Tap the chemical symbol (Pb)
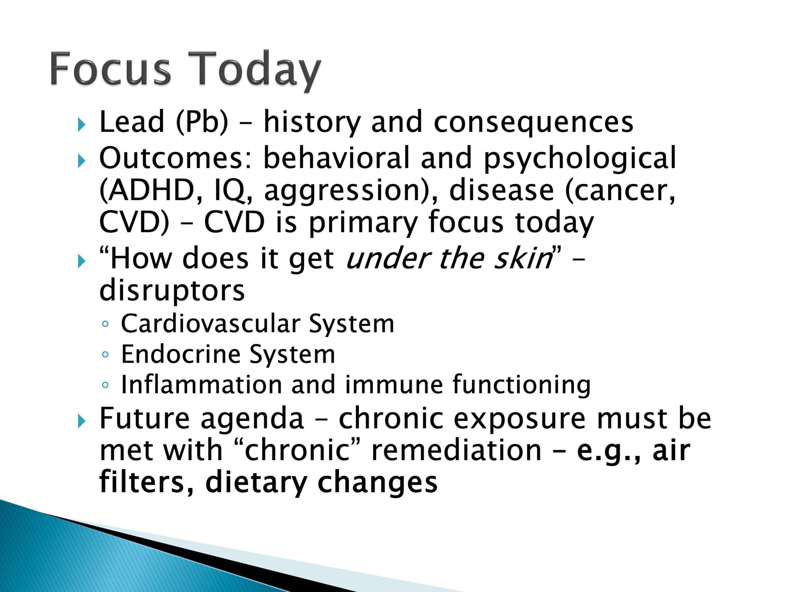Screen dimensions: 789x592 [x=202, y=122]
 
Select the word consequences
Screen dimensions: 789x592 [x=533, y=122]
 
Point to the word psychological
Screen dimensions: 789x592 [x=580, y=158]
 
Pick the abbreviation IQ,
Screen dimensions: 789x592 [x=233, y=191]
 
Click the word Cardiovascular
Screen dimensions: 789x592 [x=211, y=324]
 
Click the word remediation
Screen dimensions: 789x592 [x=456, y=450]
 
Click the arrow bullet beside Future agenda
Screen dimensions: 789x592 [x=82, y=422]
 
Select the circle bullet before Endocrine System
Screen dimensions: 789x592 [x=105, y=354]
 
